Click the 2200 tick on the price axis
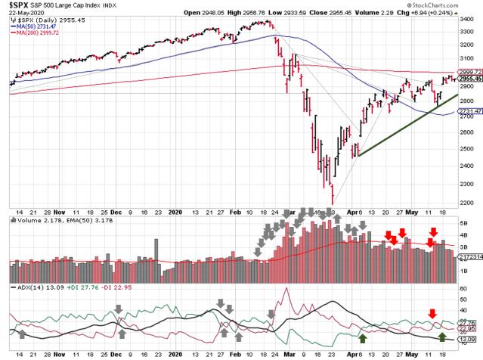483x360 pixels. [467, 202]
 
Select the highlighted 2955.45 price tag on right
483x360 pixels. [469, 78]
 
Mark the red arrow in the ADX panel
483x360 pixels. [432, 313]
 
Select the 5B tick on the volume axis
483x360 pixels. [465, 225]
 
